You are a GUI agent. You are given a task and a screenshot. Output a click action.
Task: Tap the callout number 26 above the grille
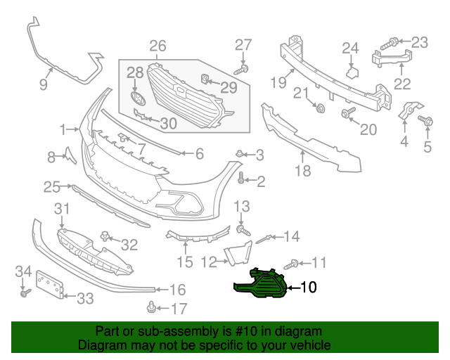(x=157, y=46)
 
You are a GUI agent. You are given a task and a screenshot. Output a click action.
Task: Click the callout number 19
(x=278, y=82)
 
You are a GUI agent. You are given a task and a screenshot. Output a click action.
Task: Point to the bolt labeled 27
(x=242, y=69)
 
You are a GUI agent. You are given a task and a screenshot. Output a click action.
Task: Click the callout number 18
(x=302, y=171)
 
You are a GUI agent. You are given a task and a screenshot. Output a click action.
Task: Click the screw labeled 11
(x=290, y=265)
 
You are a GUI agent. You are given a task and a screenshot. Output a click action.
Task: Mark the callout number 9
(x=43, y=85)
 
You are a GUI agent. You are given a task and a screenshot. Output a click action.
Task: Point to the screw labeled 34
(x=23, y=292)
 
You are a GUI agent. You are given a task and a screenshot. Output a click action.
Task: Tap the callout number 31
(x=63, y=208)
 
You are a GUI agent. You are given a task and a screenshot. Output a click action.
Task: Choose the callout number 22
(x=402, y=84)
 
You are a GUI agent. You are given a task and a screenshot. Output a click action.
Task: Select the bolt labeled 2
(x=242, y=178)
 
